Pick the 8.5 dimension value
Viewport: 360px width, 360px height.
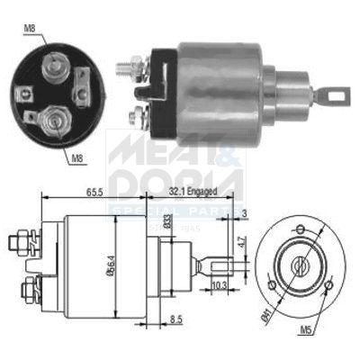pos(175,319)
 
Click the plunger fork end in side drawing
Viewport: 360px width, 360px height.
pos(224,264)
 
